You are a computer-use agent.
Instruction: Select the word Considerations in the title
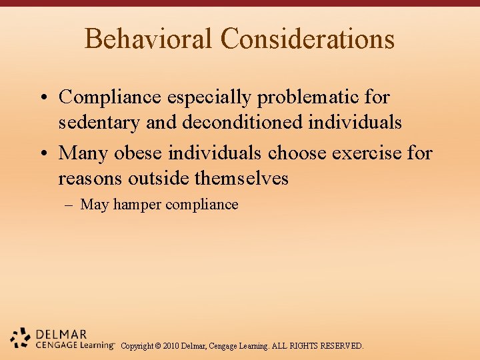tap(307, 39)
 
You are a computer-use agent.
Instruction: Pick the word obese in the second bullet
tap(139, 153)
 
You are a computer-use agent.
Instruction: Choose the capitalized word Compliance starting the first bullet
tap(110, 97)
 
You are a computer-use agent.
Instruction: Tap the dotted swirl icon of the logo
tap(21, 339)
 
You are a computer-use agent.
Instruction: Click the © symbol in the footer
tap(157, 346)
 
